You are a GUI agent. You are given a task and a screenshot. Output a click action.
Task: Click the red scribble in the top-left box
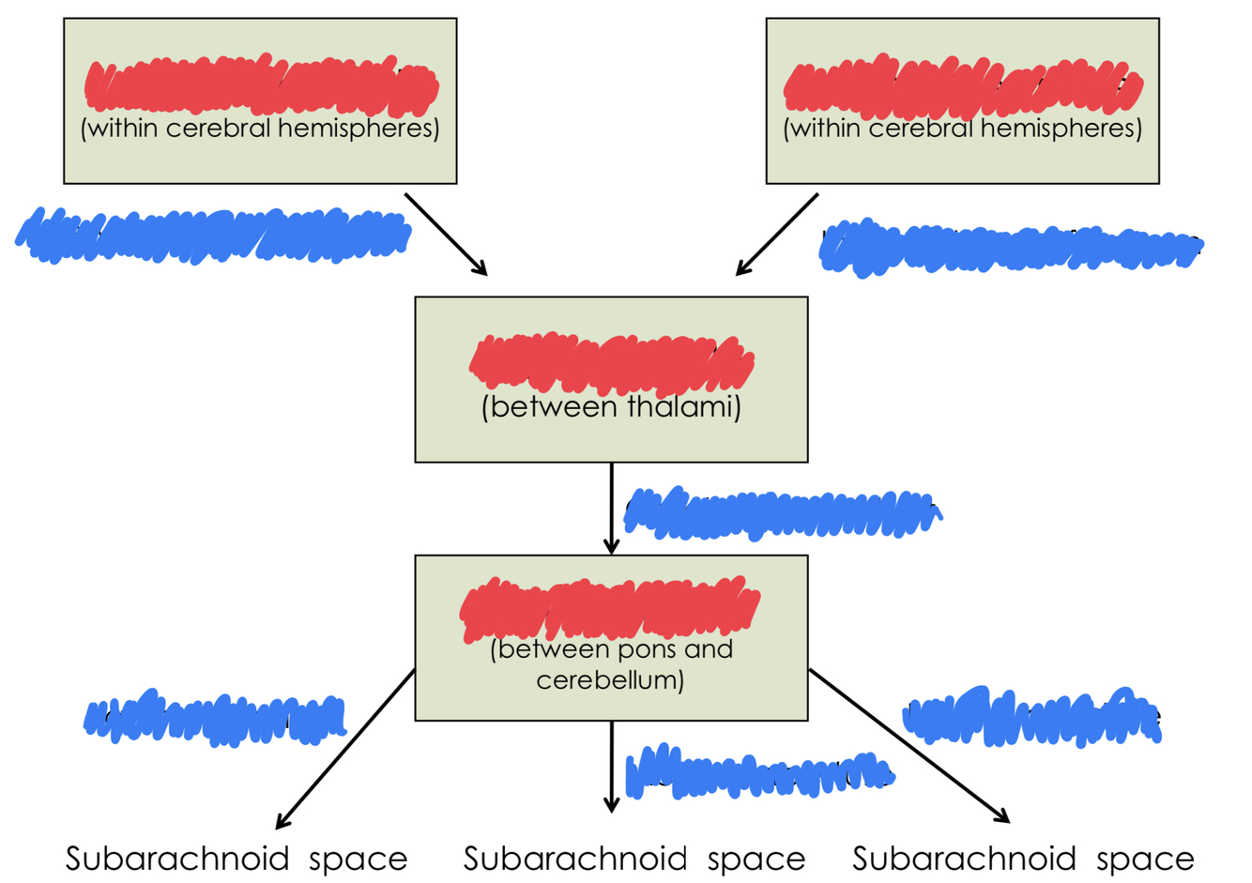pos(260,84)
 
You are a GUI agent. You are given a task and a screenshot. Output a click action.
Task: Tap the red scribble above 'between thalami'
pos(611,363)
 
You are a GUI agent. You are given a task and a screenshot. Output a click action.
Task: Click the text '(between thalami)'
pos(611,407)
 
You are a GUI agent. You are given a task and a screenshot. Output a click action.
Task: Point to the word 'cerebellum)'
pos(610,679)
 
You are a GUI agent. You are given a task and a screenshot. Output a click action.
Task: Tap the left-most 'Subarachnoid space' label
pos(237,859)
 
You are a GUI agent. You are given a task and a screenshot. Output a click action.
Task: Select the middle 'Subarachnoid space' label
pos(634,859)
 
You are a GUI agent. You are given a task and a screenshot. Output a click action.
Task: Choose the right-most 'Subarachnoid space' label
pos(1023,859)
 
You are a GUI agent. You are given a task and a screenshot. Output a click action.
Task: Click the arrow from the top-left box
pos(446,235)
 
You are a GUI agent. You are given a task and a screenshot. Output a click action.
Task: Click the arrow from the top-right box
pos(777,235)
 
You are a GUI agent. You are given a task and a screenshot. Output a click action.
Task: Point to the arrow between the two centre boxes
pos(611,507)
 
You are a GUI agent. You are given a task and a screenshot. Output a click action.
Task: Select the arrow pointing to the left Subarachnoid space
pos(345,749)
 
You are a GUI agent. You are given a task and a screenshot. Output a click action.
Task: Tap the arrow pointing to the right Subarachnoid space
pos(908,745)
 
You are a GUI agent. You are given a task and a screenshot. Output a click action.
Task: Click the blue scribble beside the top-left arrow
pos(214,235)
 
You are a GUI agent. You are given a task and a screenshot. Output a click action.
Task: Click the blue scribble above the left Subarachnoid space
pos(214,719)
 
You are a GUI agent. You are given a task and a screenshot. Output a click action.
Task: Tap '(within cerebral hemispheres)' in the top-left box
pos(260,128)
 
